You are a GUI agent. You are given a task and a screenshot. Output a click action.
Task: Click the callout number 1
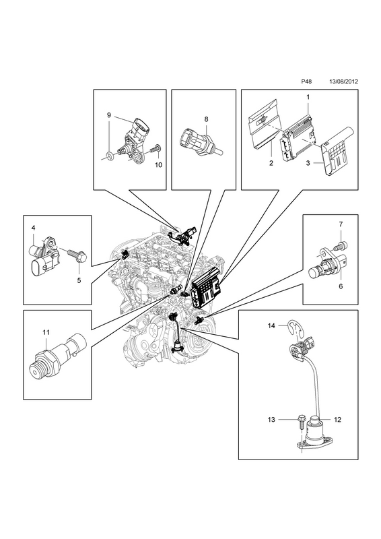click(x=308, y=97)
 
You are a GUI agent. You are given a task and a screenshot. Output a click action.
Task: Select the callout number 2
click(x=271, y=163)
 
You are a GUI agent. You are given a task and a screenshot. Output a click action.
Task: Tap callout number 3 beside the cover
click(x=308, y=163)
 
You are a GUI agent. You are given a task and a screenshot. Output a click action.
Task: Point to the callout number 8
click(x=206, y=119)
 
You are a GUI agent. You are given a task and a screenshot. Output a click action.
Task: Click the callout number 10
click(x=158, y=165)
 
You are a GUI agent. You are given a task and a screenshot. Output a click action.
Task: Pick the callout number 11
click(x=46, y=332)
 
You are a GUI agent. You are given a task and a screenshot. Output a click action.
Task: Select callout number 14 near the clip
click(x=271, y=325)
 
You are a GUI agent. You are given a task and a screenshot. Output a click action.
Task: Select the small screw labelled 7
click(x=342, y=245)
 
